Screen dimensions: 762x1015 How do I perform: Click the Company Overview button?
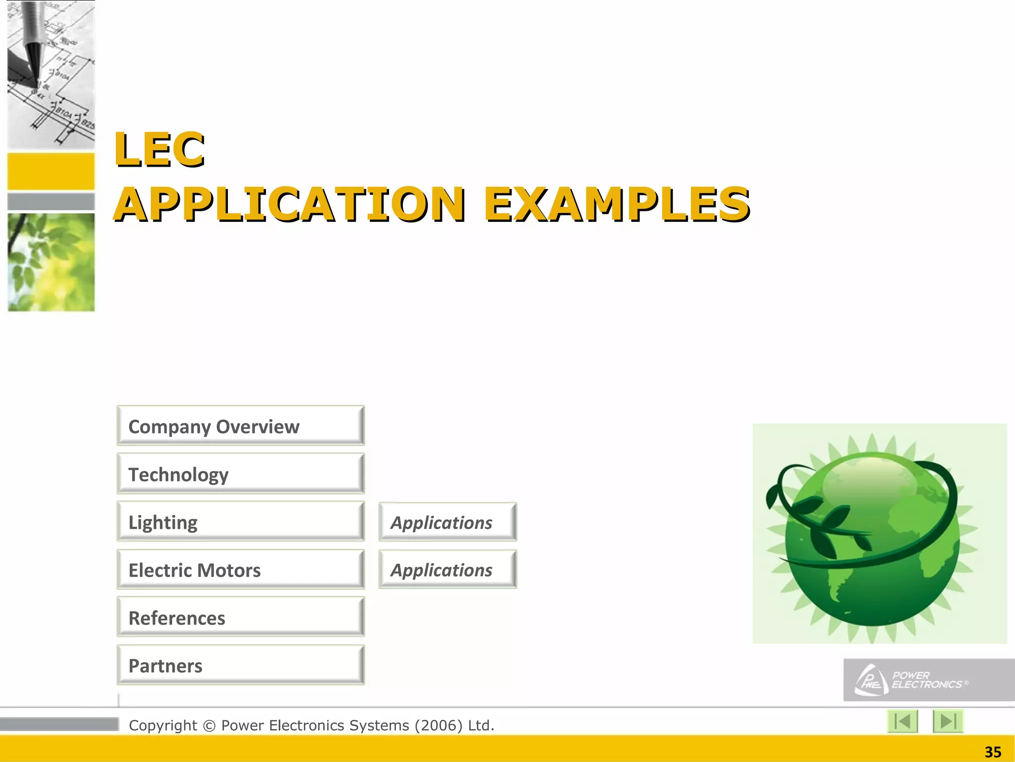tap(241, 426)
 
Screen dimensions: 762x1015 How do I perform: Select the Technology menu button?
tap(241, 474)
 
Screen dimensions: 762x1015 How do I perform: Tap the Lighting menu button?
tap(241, 521)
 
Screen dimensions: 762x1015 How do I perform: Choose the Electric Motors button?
tap(241, 570)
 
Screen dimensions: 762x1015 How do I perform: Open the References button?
tap(241, 617)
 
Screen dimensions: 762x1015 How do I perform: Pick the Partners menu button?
tap(241, 665)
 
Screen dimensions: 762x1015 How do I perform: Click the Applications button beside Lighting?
tap(448, 522)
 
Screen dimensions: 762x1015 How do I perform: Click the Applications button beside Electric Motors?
tap(448, 570)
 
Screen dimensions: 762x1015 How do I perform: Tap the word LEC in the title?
tap(160, 149)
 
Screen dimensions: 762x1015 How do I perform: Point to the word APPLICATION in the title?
tap(290, 204)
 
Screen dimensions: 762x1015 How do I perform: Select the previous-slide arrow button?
tap(902, 721)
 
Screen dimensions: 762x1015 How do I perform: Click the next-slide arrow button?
tap(948, 721)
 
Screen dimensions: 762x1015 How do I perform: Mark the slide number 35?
tap(993, 752)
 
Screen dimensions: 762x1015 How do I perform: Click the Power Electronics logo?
tap(928, 680)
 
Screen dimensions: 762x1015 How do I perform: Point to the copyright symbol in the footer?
tap(209, 726)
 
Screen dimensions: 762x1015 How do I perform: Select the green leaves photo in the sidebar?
tap(51, 262)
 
